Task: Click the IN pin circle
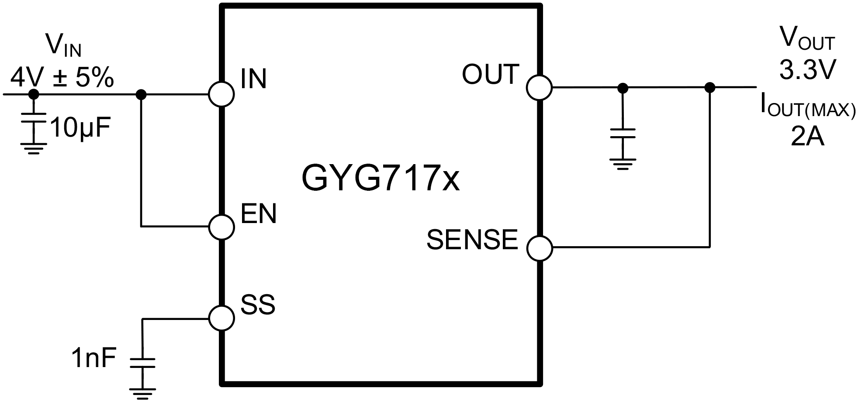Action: click(221, 94)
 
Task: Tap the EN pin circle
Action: click(221, 227)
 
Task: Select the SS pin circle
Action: click(221, 318)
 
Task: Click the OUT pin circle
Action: click(540, 87)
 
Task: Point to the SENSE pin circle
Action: click(540, 248)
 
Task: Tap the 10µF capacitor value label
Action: click(80, 128)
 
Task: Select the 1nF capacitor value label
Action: click(94, 359)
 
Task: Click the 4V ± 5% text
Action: click(62, 79)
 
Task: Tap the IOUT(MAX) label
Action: click(807, 106)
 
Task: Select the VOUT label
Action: click(807, 38)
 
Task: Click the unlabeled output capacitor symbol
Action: click(623, 133)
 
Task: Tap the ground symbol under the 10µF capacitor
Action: click(34, 148)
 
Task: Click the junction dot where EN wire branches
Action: click(141, 94)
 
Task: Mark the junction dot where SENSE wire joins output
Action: click(710, 87)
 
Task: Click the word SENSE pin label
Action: click(472, 239)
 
